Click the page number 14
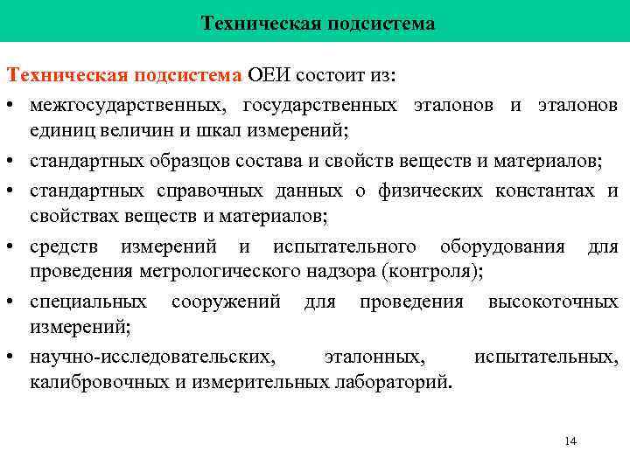tap(570, 441)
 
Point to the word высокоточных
tap(553, 302)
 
